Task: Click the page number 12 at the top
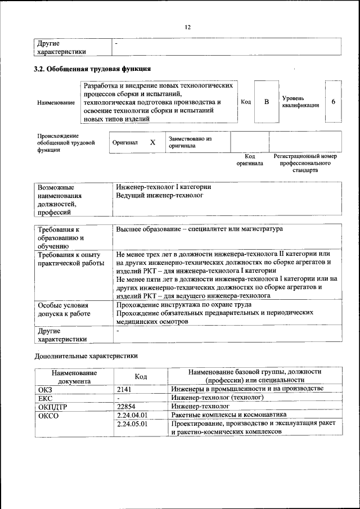188,27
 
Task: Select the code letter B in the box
267,102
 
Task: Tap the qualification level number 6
333,102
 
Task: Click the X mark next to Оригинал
152,142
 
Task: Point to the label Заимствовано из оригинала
190,142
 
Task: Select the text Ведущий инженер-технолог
159,195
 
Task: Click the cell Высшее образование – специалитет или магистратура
200,229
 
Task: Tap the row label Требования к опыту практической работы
70,259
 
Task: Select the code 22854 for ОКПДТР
127,406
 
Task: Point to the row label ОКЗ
45,389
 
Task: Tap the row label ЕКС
45,397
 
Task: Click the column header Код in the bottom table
141,376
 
